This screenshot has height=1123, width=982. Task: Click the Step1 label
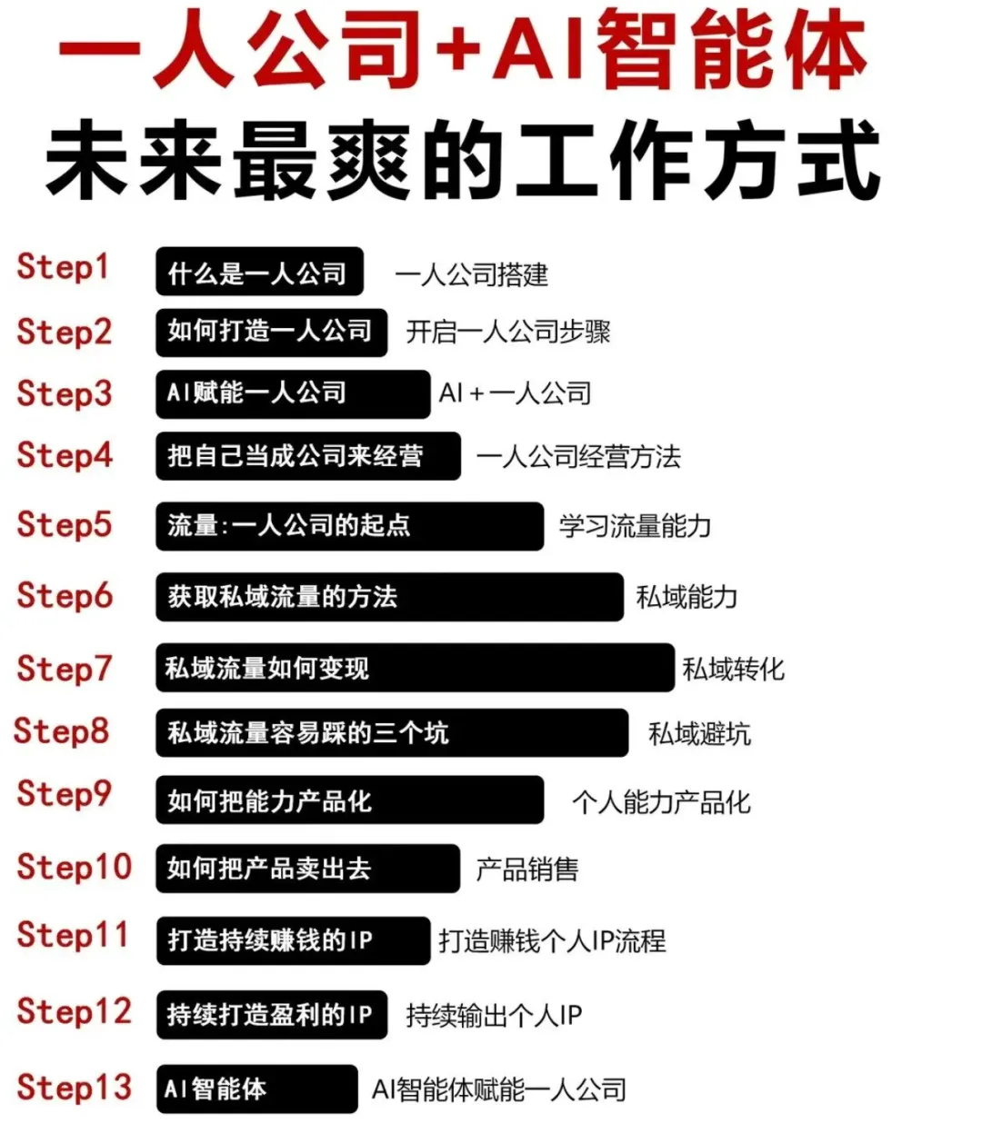63,267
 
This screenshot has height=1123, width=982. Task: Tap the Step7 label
65,669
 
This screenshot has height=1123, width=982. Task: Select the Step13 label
75,1088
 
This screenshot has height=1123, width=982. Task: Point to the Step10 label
75,867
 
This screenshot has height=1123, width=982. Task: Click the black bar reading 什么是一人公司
259,272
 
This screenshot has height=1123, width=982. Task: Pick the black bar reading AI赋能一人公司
292,393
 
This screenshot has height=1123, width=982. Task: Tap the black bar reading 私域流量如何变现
415,669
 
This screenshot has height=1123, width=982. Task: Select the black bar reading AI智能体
256,1088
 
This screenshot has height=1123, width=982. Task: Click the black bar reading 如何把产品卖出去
307,869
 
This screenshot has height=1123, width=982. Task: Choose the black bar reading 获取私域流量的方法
389,597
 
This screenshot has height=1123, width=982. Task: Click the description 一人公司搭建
472,274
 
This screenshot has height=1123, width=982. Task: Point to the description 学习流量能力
635,526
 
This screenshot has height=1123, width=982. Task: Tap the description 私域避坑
699,734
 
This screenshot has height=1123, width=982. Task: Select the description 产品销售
527,870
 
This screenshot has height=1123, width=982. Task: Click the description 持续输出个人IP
494,1015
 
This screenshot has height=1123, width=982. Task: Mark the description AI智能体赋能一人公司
499,1089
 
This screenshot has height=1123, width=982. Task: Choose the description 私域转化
733,670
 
